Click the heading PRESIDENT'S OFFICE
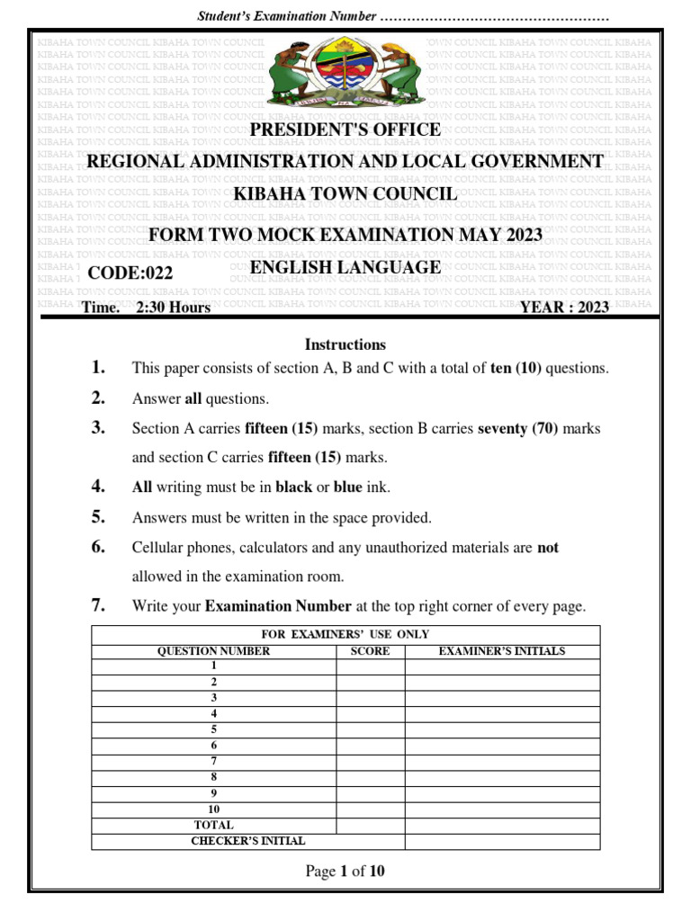pyautogui.click(x=345, y=130)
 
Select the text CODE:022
pyautogui.click(x=130, y=274)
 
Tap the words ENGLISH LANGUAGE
pyautogui.click(x=345, y=267)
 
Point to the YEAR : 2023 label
pyautogui.click(x=564, y=308)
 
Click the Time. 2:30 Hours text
pyautogui.click(x=146, y=308)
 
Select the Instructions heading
pyautogui.click(x=345, y=344)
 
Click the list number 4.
pyautogui.click(x=99, y=487)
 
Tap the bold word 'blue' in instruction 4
pyautogui.click(x=348, y=487)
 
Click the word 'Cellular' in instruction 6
pyautogui.click(x=158, y=547)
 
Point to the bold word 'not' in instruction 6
pyautogui.click(x=548, y=547)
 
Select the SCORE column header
pyautogui.click(x=370, y=651)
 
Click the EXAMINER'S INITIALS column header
pyautogui.click(x=502, y=651)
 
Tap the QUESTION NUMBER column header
pyautogui.click(x=214, y=651)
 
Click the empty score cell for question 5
pyautogui.click(x=370, y=730)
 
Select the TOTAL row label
pyautogui.click(x=214, y=825)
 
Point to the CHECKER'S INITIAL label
pyautogui.click(x=248, y=841)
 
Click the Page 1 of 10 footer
pyautogui.click(x=345, y=871)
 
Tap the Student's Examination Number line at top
pyautogui.click(x=403, y=17)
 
